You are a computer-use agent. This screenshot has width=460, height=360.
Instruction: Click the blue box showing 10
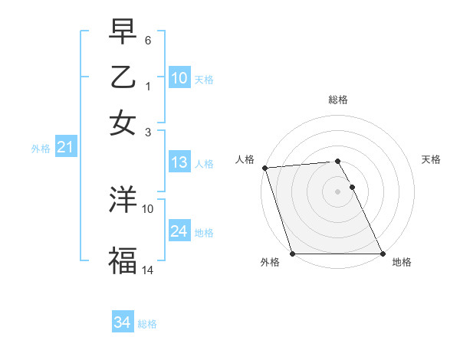click(179, 78)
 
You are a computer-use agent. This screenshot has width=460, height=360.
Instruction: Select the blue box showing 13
click(179, 162)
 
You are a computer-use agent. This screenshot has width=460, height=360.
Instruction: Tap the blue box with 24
click(179, 231)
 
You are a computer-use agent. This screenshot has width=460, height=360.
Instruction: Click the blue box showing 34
click(122, 323)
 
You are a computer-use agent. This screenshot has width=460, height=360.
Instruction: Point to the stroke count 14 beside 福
click(148, 269)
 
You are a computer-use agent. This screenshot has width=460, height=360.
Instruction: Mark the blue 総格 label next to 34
click(147, 324)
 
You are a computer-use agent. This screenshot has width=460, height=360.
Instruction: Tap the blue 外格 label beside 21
click(40, 149)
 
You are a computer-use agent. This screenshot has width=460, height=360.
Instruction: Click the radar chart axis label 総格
click(337, 100)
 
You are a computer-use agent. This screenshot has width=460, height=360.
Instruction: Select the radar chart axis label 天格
click(431, 159)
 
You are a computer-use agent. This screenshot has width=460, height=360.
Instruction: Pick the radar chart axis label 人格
click(245, 159)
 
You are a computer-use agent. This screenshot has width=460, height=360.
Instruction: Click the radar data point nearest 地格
click(382, 254)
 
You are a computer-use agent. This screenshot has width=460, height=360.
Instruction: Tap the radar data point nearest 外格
click(292, 254)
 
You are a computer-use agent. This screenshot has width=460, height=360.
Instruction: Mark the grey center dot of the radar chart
click(337, 191)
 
